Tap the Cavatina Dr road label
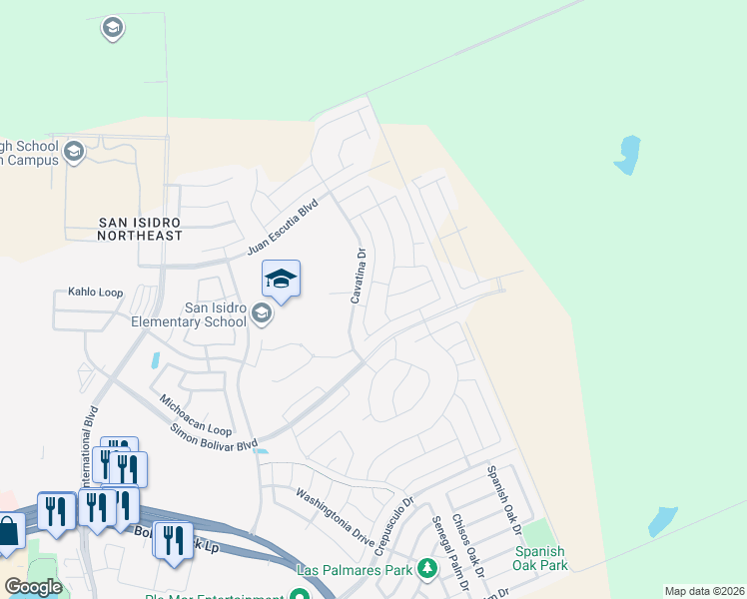point(359,276)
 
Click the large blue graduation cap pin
point(281,278)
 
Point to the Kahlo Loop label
point(95,294)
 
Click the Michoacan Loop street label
point(196,413)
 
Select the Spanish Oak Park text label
point(540,558)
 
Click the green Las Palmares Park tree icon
point(427,569)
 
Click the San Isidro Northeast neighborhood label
point(140,228)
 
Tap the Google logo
point(33,587)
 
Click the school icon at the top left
point(113,28)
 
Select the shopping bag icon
point(8,531)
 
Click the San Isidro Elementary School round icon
point(262,315)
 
